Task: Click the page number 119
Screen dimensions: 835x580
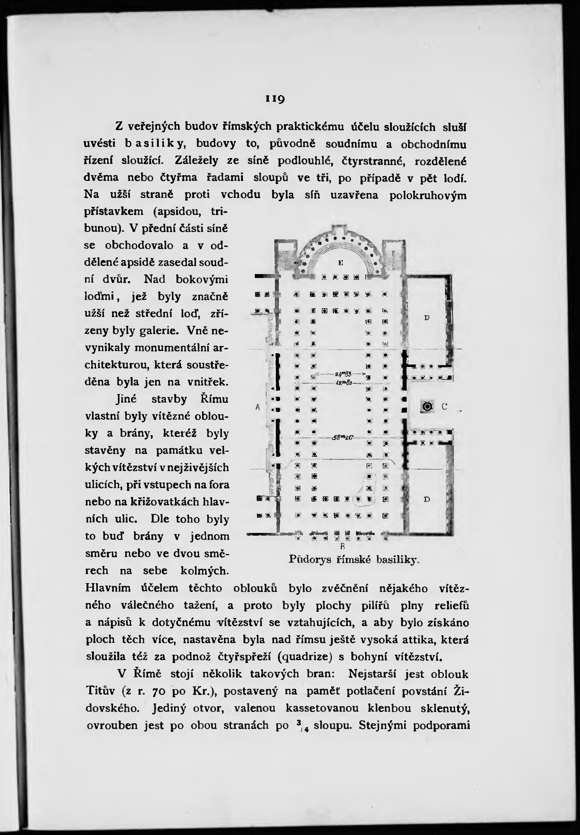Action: [275, 99]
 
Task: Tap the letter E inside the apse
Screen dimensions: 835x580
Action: [340, 263]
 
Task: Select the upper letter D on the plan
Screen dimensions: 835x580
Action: [427, 318]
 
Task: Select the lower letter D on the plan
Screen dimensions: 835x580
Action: [427, 499]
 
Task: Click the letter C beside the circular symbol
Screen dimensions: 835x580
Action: [444, 407]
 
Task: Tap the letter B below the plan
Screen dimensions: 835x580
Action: [342, 547]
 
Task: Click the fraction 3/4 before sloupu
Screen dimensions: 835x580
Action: [300, 725]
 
